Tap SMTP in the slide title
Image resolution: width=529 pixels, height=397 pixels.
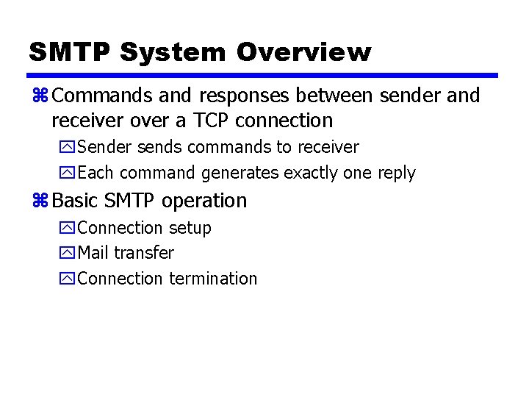tap(69, 52)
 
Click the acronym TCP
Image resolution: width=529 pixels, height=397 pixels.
tap(216, 120)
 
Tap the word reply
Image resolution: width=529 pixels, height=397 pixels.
tap(397, 174)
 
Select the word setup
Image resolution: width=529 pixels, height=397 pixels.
tap(190, 228)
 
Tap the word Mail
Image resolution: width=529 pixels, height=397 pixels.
tap(93, 253)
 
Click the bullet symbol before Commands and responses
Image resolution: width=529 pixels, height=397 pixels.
tap(39, 96)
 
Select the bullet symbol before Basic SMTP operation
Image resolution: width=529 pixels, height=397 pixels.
tap(39, 201)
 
